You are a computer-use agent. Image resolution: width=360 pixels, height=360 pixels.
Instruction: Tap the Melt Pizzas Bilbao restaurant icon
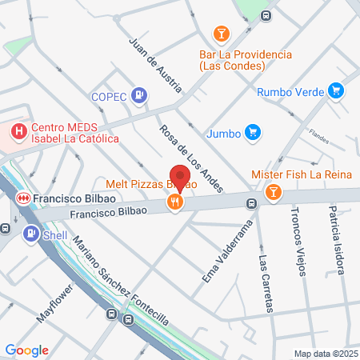coord(175,202)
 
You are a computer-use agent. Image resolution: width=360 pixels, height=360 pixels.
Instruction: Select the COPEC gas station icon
coord(140,95)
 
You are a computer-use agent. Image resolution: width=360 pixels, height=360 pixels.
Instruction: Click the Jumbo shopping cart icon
coord(253,132)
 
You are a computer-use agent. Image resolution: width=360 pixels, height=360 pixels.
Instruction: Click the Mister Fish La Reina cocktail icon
coord(274,192)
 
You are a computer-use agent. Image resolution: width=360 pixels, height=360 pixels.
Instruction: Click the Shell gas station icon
coord(30,234)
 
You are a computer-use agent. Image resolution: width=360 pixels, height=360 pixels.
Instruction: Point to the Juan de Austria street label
coord(149,58)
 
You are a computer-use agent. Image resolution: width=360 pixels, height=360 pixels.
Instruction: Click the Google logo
coord(26,350)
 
